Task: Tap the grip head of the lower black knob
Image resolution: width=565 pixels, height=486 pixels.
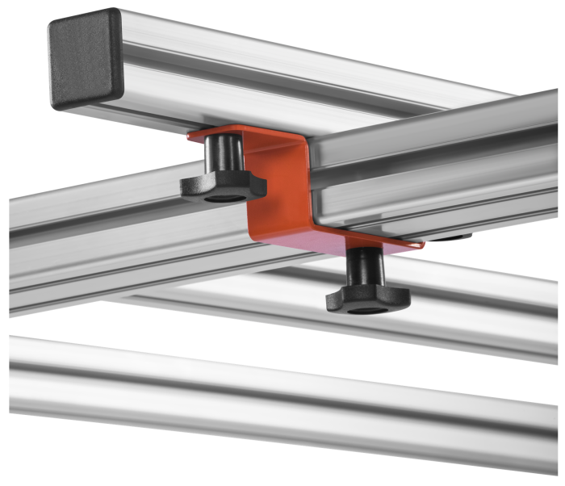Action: click(367, 300)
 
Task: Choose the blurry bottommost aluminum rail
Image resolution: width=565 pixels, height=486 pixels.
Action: click(282, 396)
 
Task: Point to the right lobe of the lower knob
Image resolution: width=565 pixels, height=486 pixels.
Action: click(399, 300)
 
